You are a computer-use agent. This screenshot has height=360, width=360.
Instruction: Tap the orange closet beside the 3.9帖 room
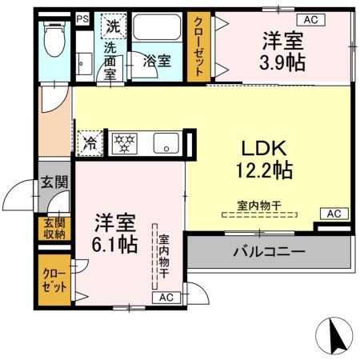[197, 46]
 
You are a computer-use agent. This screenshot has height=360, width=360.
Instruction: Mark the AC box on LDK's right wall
[334, 214]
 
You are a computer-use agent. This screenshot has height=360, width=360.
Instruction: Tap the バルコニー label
[269, 252]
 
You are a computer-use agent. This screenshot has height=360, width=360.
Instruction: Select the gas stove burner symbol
[124, 144]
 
